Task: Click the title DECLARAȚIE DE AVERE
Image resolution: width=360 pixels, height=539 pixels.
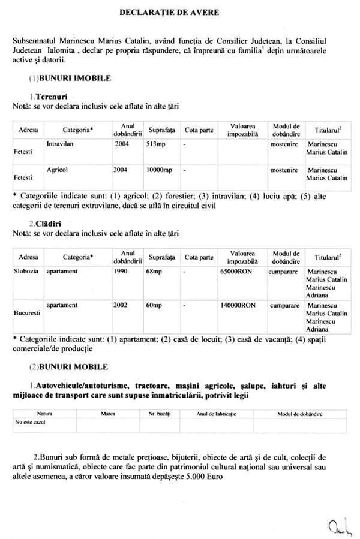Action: [179, 11]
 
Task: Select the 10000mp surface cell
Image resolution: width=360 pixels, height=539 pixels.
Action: [159, 170]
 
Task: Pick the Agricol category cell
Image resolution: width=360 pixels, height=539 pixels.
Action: [57, 170]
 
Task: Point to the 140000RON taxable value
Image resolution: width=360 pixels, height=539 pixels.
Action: [239, 305]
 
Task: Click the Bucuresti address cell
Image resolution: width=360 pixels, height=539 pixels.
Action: [27, 313]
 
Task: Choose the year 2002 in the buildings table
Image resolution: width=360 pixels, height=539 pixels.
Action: [121, 305]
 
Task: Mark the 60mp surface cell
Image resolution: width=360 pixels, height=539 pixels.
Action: [154, 305]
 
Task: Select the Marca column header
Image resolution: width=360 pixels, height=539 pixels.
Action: [108, 414]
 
